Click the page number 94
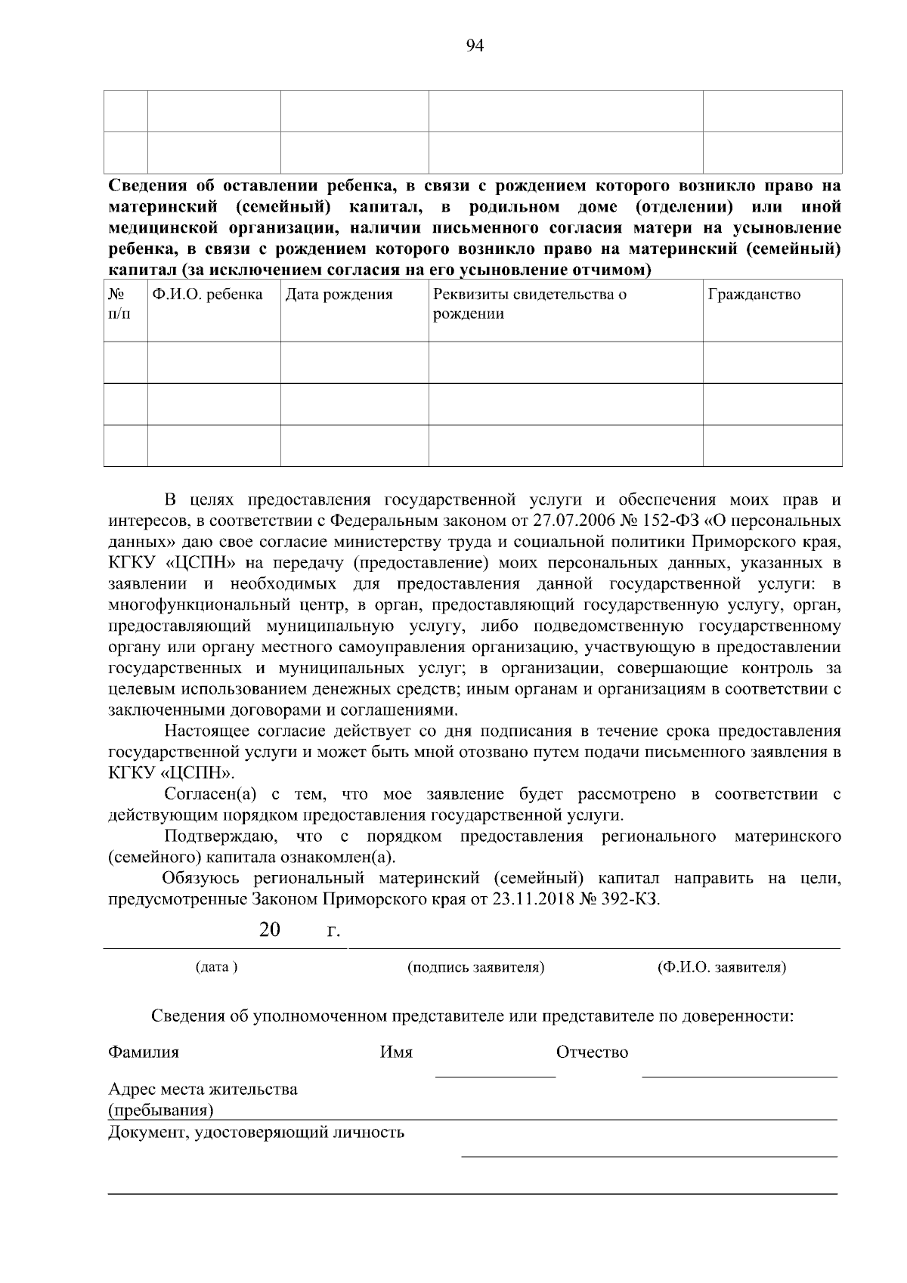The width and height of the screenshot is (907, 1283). pos(475,46)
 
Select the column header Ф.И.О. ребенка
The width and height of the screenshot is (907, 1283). pos(207,294)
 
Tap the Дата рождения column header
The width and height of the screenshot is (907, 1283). pos(339,294)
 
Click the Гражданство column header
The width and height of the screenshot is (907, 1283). pos(754,294)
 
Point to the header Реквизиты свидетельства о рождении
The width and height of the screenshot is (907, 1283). pos(529,304)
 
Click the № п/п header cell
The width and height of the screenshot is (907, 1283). pos(118,304)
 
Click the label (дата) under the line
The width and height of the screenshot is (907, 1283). pos(216,967)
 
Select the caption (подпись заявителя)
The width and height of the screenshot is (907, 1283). pos(476,967)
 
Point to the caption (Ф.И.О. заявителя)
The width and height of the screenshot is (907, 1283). pos(722,967)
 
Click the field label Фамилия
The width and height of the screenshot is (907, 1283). pos(144,1052)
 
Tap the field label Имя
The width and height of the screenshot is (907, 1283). pos(395,1052)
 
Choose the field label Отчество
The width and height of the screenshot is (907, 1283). pos(592,1052)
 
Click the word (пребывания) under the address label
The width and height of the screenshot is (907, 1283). pos(160,1110)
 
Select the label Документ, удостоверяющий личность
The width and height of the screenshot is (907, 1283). pos(256,1132)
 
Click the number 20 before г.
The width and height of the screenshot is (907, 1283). pos(269,929)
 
